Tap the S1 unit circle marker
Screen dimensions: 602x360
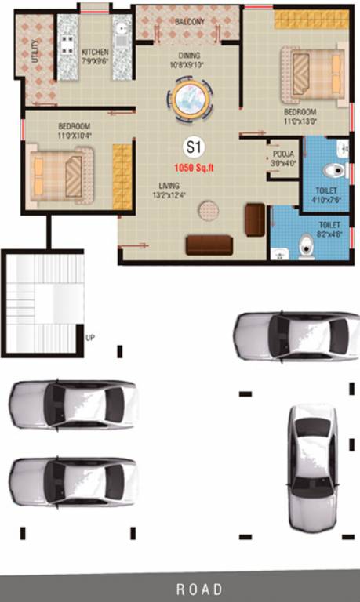coord(191,147)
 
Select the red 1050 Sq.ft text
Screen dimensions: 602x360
coord(191,168)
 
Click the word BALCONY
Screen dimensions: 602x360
coord(189,22)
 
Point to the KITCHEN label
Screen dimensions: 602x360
coord(95,53)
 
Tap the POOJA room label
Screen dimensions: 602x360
coord(282,154)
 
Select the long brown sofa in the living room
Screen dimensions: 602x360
coord(209,245)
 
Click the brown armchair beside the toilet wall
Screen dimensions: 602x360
coord(255,219)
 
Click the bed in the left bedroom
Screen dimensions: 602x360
coord(62,172)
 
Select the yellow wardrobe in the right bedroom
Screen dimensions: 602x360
coord(311,20)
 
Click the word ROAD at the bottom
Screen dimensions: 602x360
coord(199,589)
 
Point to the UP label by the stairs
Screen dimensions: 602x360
coord(90,338)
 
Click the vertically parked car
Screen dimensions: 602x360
coord(311,468)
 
